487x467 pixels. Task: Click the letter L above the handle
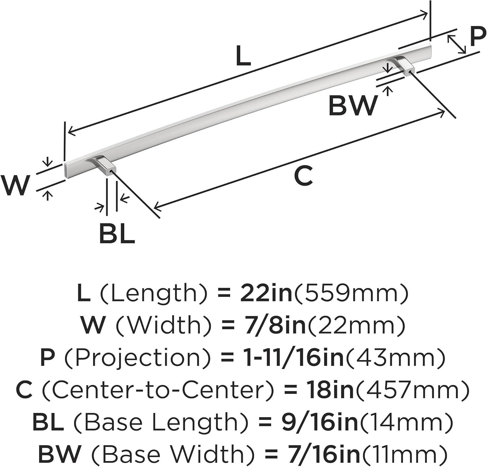[243, 56]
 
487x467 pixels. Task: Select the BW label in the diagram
[353, 106]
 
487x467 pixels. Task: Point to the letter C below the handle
[303, 175]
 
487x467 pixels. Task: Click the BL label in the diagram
[117, 233]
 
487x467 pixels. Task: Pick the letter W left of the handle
[15, 185]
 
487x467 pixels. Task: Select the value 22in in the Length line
[266, 293]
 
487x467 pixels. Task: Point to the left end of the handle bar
[64, 170]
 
